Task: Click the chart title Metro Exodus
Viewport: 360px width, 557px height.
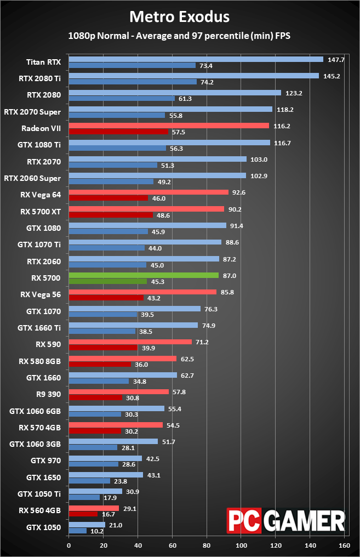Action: pos(179,16)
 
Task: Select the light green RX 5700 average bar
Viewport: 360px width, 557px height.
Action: pos(144,275)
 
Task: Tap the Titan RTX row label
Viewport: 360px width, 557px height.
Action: pos(43,62)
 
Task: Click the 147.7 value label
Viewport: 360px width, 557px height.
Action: pos(336,60)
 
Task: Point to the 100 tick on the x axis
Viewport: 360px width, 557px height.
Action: pos(242,545)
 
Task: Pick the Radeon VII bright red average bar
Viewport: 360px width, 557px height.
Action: pos(169,126)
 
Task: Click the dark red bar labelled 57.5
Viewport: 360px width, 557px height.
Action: pos(118,132)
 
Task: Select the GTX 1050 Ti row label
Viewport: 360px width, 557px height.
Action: pos(39,494)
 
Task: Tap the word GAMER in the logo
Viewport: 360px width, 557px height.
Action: pos(305,521)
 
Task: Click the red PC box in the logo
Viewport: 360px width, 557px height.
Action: pos(244,521)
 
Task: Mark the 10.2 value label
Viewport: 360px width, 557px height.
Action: pos(97,531)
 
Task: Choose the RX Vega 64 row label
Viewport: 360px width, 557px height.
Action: pos(41,195)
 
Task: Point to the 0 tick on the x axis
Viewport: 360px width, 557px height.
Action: pos(69,545)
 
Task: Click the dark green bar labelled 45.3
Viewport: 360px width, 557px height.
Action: pos(108,281)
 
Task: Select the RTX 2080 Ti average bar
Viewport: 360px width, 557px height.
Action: pos(194,76)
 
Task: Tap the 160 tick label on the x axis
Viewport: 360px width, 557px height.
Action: pos(344,545)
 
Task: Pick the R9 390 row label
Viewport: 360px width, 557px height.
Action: pos(49,394)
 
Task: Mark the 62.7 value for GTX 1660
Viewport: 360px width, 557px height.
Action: pos(187,376)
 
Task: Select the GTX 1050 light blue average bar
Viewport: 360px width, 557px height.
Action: pos(87,525)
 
